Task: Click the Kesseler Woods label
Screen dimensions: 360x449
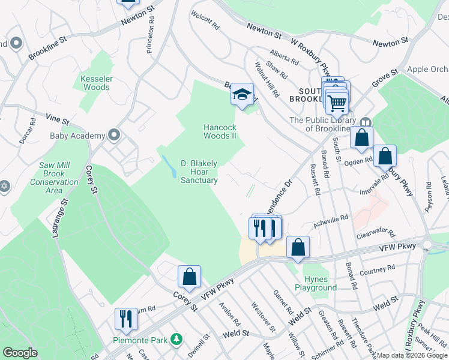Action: point(95,82)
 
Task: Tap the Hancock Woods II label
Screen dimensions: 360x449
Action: point(220,131)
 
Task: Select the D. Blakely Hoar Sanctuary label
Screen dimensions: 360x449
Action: point(199,172)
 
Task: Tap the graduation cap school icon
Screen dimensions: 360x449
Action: point(243,95)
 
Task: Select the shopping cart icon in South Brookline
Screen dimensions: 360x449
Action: point(337,103)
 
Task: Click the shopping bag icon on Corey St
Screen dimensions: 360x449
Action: point(189,277)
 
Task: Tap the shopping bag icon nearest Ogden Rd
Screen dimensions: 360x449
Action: point(385,156)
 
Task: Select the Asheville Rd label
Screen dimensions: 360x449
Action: point(331,221)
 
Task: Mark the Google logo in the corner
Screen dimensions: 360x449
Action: point(20,353)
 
